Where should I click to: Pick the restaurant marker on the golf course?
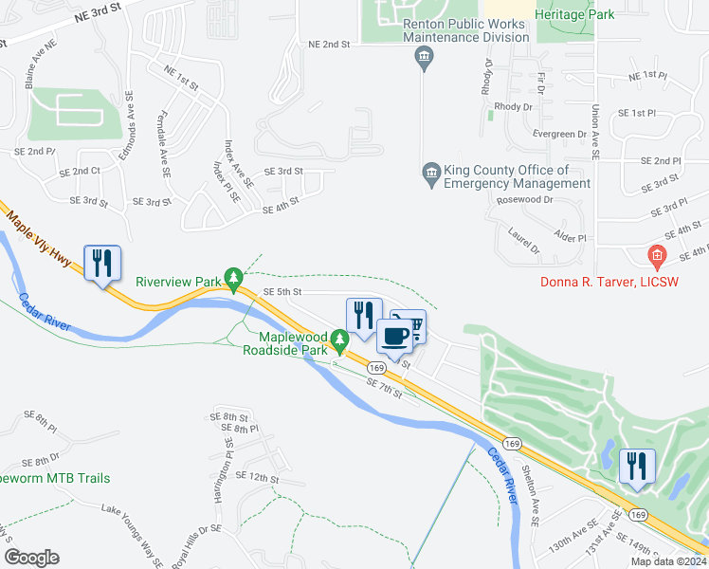tap(636, 467)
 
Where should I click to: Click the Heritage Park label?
tap(574, 14)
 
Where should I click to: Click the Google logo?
tap(31, 557)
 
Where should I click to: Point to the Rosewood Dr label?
tap(524, 200)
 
